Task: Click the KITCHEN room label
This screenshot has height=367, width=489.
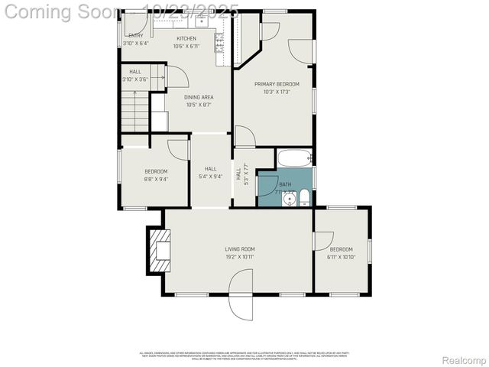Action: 186,38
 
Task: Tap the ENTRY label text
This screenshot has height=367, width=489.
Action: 134,36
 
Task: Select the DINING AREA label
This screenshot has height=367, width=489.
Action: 199,97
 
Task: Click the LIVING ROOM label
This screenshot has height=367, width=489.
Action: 239,249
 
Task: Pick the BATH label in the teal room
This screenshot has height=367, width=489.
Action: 285,184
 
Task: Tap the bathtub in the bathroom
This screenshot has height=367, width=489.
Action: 294,159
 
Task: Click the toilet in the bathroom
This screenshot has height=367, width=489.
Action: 305,199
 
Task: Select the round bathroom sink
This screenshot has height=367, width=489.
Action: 289,200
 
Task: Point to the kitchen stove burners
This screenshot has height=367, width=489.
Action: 219,39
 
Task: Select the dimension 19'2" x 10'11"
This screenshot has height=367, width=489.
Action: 239,257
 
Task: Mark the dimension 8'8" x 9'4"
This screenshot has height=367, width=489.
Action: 156,179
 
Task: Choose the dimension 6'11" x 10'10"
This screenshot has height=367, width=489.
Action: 342,257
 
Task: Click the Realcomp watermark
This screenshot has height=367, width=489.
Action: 464,359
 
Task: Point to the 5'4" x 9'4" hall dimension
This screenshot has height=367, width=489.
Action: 210,177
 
